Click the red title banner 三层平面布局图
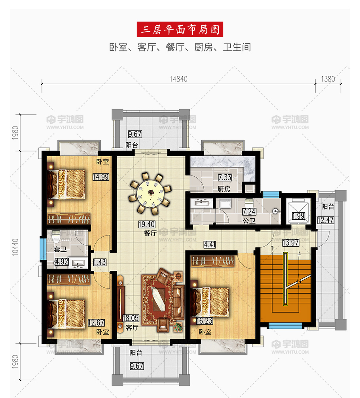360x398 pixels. pos(180,29)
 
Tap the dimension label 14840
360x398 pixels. pos(178,79)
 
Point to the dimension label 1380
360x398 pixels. pos(328,79)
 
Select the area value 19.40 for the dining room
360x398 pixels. pos(147,224)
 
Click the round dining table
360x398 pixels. pos(150,194)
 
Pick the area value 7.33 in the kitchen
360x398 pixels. pos(225,177)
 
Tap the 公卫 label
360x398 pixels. pos(249,221)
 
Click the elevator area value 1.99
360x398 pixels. pos(298,216)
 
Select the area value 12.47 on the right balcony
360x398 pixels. pos(326,220)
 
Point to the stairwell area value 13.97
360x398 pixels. pos(291,243)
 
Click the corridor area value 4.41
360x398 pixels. pos(210,244)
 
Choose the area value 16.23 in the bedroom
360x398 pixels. pos(205,321)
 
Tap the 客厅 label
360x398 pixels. pos(132,328)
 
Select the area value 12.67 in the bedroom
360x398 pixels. pos(96,323)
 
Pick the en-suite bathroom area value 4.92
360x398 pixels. pos(62,262)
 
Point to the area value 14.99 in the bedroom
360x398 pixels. pos(101,177)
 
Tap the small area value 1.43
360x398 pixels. pos(100,262)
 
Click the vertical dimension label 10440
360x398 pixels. pos(15,247)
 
